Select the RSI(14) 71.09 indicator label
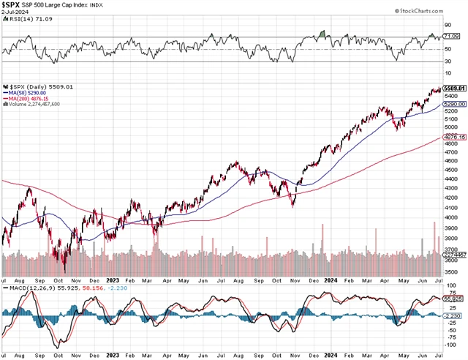(x=26, y=23)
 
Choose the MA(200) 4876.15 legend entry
(x=30, y=97)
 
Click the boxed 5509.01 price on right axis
(x=456, y=88)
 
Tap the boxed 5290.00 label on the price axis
(x=456, y=105)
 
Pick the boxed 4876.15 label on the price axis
(x=456, y=138)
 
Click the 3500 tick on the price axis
(x=455, y=271)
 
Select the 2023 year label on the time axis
(x=113, y=280)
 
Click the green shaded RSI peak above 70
(x=324, y=34)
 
